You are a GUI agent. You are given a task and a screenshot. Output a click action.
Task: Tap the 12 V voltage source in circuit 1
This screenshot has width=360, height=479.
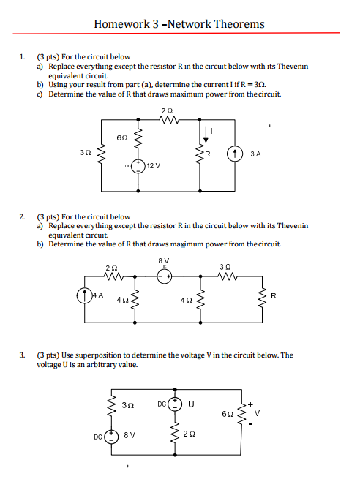(x=138, y=167)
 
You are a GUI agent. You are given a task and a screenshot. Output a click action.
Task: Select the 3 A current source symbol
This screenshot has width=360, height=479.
(x=234, y=154)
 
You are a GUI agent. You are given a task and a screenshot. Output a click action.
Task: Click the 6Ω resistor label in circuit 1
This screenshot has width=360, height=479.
(x=122, y=137)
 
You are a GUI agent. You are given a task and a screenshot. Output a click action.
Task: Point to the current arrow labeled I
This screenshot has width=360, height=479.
(x=208, y=132)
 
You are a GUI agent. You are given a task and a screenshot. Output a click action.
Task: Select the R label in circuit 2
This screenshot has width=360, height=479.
(x=273, y=296)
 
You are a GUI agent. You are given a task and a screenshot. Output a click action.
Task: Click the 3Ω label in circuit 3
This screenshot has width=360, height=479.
(x=128, y=404)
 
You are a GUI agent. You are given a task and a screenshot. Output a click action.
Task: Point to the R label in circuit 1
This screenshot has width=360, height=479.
(x=208, y=154)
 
